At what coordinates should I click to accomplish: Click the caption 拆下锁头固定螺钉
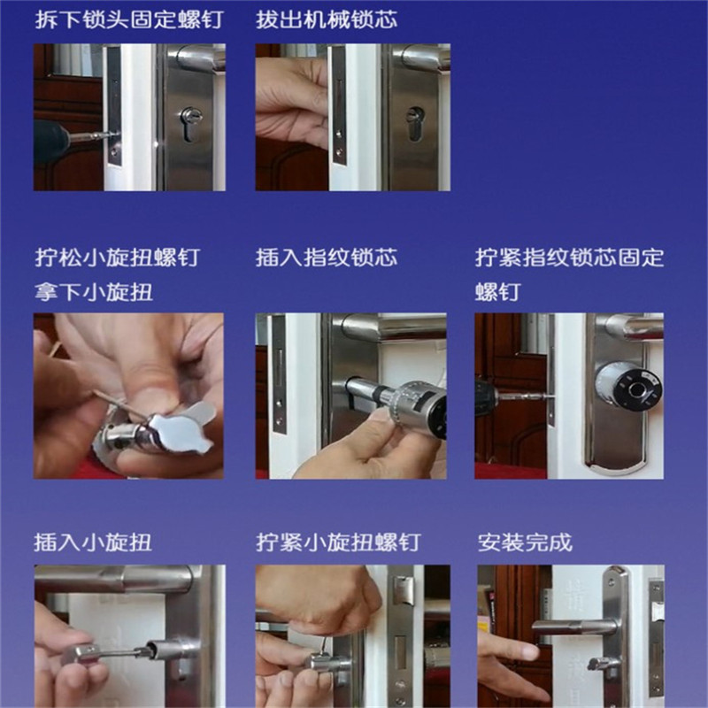click(x=129, y=19)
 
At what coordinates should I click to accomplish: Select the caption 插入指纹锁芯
click(x=327, y=258)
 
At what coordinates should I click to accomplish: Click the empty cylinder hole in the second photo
click(x=415, y=123)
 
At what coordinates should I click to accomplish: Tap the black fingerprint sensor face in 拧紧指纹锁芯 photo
click(x=637, y=386)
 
